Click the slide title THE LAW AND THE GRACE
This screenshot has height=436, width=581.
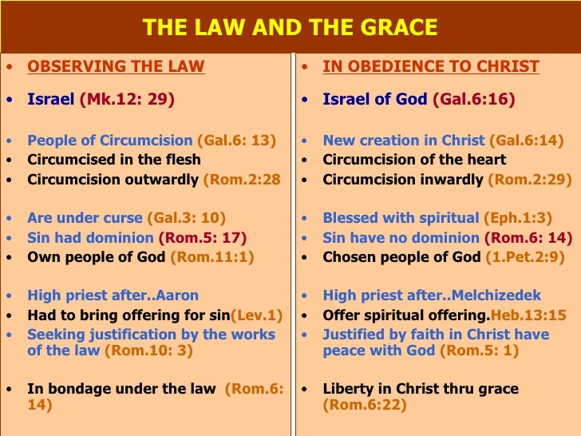(290, 28)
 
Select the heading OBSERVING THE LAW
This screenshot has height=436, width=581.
(116, 66)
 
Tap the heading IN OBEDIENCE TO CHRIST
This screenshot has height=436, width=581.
(431, 66)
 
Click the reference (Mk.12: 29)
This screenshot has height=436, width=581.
(127, 100)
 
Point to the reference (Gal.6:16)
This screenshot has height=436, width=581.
(473, 100)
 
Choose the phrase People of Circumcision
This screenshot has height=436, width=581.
(110, 140)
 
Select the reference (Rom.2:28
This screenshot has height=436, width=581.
(242, 179)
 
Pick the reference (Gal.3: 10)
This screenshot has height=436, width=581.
(186, 218)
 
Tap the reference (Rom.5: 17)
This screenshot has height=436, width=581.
(203, 237)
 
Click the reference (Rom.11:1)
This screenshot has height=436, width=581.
(211, 257)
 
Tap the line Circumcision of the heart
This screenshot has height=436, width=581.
(414, 160)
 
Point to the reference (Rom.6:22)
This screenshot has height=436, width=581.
(365, 405)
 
